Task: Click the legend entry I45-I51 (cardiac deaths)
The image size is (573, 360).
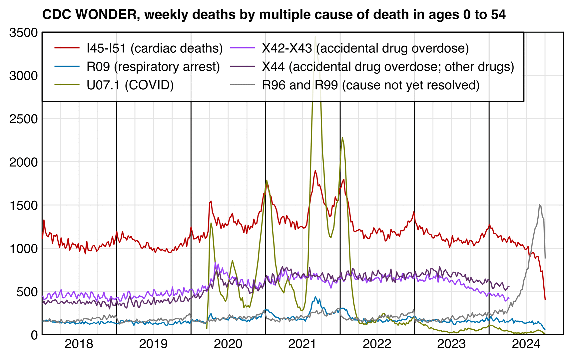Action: pyautogui.click(x=155, y=48)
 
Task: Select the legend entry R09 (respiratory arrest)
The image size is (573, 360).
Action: pyautogui.click(x=153, y=67)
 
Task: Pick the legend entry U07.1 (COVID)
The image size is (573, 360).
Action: pyautogui.click(x=130, y=85)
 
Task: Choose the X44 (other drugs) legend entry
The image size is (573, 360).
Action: pyautogui.click(x=388, y=67)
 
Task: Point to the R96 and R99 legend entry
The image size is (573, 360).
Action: pyautogui.click(x=371, y=85)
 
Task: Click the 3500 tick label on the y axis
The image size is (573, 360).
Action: pyautogui.click(x=24, y=33)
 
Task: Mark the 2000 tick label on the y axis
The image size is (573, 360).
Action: pyautogui.click(x=24, y=162)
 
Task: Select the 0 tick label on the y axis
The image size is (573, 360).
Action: pyautogui.click(x=34, y=335)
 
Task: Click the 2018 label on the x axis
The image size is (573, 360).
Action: pyautogui.click(x=79, y=344)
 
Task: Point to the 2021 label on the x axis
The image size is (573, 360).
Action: pyautogui.click(x=302, y=344)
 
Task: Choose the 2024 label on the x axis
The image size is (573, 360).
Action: pyautogui.click(x=526, y=344)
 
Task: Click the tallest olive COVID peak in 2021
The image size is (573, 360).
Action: pyautogui.click(x=315, y=37)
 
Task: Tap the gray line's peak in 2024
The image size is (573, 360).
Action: pyautogui.click(x=539, y=205)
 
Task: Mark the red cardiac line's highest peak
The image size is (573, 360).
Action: pyautogui.click(x=315, y=171)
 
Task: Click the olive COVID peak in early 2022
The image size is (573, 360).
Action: pyautogui.click(x=342, y=137)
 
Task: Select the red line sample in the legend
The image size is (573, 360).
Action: pyautogui.click(x=67, y=48)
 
